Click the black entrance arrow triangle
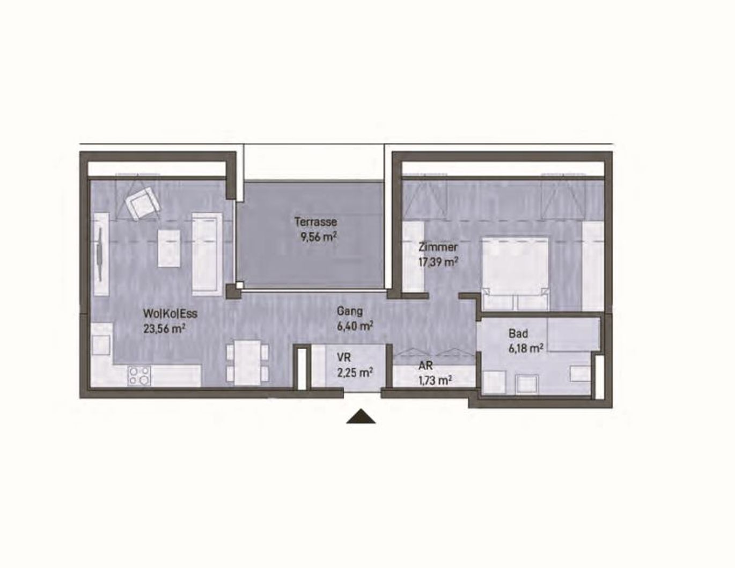click(x=361, y=417)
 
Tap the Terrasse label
click(x=315, y=221)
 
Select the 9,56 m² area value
click(x=319, y=236)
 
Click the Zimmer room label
click(x=438, y=247)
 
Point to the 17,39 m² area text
click(x=438, y=262)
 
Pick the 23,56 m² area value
click(x=164, y=328)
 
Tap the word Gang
click(x=349, y=311)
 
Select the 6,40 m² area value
click(x=355, y=325)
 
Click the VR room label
click(x=344, y=357)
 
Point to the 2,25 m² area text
click(x=355, y=372)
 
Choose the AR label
click(x=425, y=367)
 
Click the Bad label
click(x=518, y=334)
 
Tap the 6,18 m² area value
click(x=525, y=348)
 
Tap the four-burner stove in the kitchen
click(x=139, y=375)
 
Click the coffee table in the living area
click(x=170, y=248)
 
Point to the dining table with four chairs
click(x=248, y=362)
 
